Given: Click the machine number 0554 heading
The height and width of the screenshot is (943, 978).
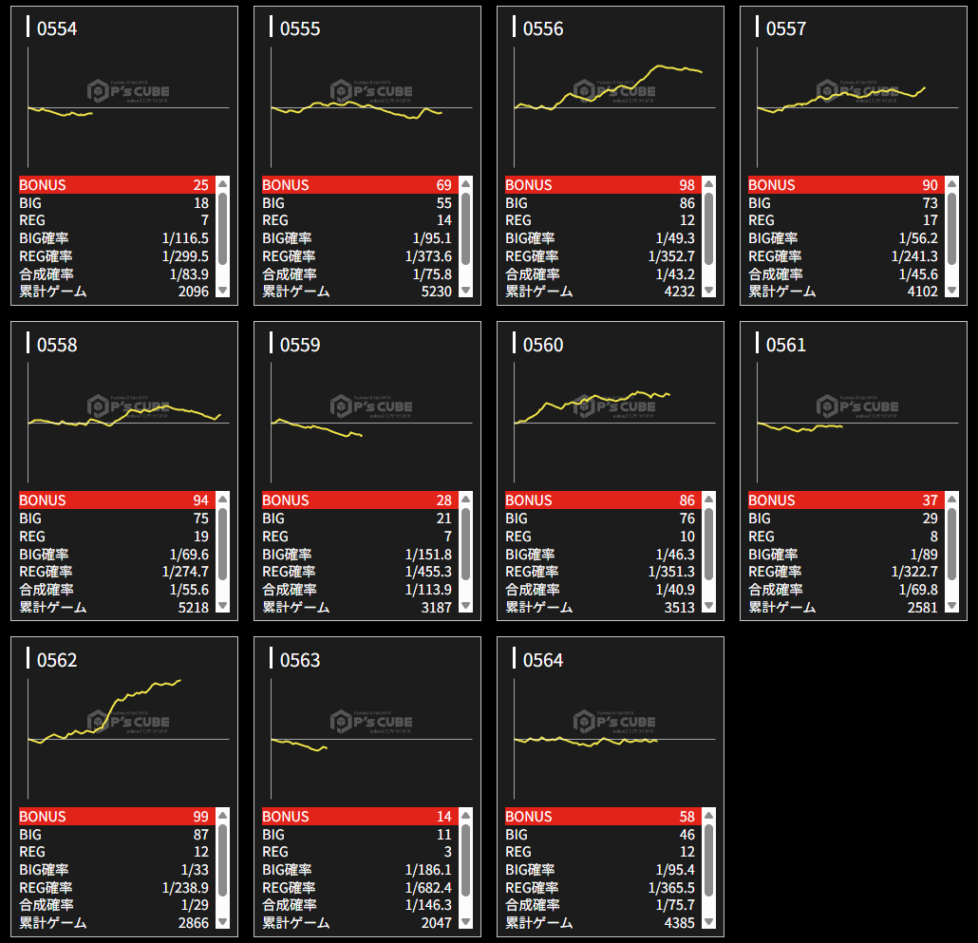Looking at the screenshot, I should tap(57, 28).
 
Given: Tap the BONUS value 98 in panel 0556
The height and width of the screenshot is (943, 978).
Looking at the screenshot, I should tap(686, 185).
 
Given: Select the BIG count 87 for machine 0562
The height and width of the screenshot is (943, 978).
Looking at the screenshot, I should tap(200, 835).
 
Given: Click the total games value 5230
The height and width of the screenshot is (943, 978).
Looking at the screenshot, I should tap(436, 292).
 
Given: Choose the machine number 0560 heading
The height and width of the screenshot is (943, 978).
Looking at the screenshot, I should tap(543, 345).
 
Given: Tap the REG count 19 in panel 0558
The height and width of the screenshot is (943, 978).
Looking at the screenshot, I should tap(200, 537).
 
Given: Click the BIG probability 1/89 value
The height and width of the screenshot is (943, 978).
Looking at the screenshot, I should tap(924, 555).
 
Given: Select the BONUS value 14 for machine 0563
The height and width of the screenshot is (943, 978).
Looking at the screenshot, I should tap(444, 817).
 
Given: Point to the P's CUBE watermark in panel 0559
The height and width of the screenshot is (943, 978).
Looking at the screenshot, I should tap(371, 406).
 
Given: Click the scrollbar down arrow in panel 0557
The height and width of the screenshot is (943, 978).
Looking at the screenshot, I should tap(951, 291).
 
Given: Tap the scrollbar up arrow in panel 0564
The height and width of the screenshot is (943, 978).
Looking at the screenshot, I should tap(708, 815).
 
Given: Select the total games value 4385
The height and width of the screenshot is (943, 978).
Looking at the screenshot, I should tap(679, 923).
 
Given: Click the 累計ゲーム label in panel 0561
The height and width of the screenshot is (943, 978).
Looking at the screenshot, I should tap(781, 607).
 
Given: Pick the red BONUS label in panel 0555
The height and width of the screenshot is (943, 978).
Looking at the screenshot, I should tap(286, 185).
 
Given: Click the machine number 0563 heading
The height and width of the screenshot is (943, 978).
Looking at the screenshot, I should tap(300, 660).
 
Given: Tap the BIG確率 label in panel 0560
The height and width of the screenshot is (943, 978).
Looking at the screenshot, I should tap(532, 555).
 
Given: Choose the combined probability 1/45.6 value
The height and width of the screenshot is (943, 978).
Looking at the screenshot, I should tap(914, 274).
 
